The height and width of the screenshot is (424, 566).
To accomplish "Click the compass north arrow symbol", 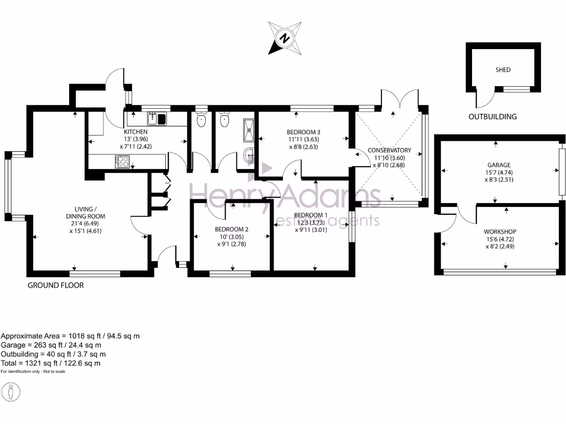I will [285, 38].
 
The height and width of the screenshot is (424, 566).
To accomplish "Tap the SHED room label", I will [503, 70].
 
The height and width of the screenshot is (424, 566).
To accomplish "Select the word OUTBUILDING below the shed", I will [492, 116].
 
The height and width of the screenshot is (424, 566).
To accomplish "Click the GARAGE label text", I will [499, 165].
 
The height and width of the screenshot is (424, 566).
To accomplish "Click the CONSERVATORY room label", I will [390, 150].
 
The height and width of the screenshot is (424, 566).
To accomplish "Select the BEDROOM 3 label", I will [303, 132].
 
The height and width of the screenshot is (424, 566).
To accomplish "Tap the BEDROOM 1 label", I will [311, 215].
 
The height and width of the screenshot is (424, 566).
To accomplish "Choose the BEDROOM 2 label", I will [232, 229].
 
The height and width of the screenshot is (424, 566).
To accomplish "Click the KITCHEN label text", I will [135, 132].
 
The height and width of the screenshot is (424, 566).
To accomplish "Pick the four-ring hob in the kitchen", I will [122, 162].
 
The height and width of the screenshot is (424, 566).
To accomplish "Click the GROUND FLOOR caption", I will [55, 285].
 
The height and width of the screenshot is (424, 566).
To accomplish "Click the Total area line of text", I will [50, 363].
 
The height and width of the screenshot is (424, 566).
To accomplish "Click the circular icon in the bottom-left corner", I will [12, 392].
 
